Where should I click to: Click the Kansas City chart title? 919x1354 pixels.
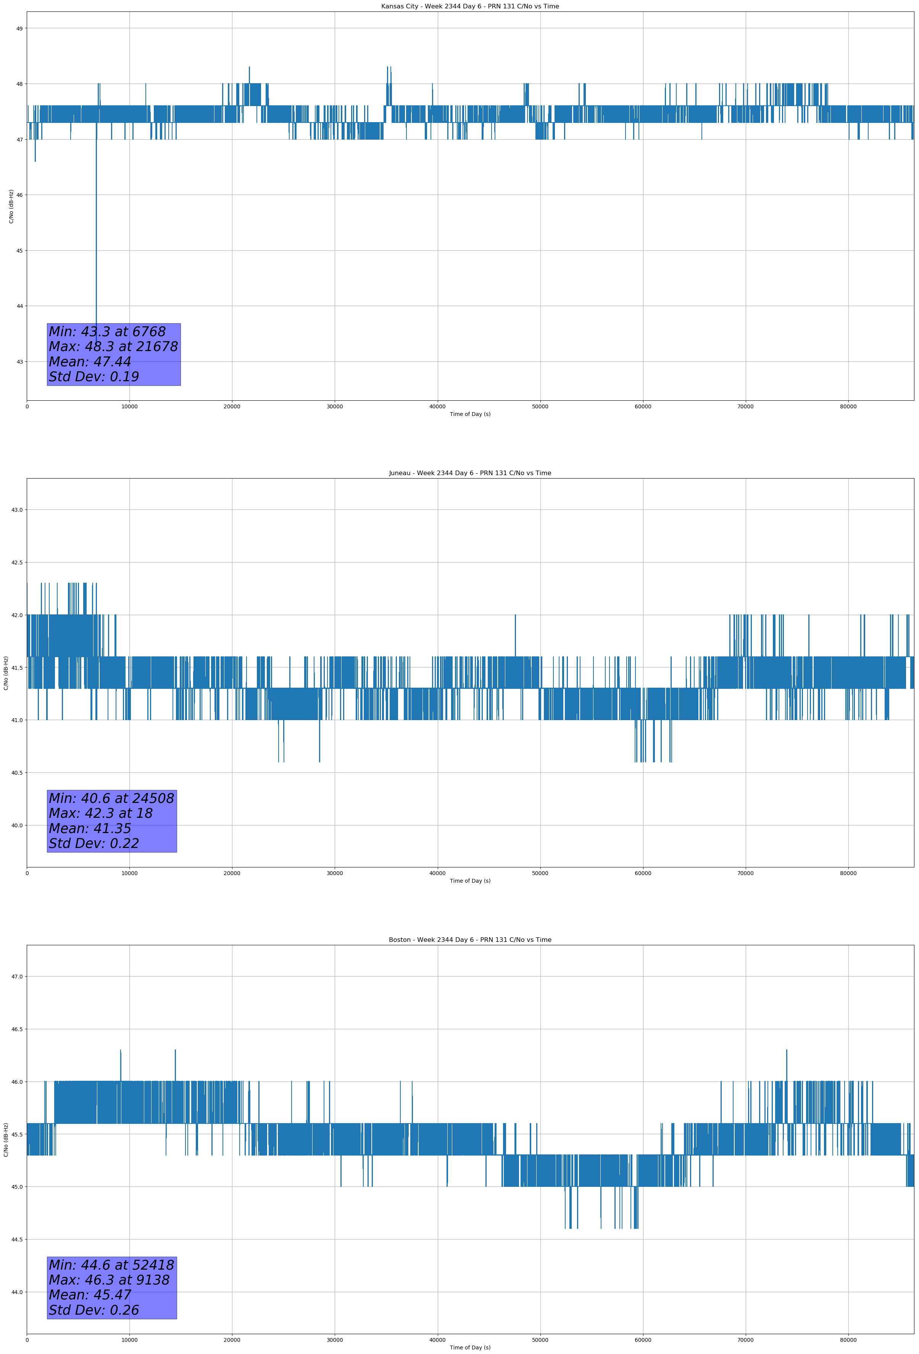pos(470,6)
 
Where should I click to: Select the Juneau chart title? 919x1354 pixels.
pos(470,473)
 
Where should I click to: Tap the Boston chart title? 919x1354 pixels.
pos(470,940)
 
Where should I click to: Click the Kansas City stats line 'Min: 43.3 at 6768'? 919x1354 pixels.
pos(107,332)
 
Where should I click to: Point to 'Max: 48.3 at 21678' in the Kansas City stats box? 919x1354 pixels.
pos(113,347)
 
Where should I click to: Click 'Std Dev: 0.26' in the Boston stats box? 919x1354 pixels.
pos(94,1310)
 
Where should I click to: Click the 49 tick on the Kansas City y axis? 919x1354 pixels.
pos(19,29)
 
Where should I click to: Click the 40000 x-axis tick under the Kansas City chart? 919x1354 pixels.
pos(437,407)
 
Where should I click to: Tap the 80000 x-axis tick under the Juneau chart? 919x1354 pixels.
pos(848,873)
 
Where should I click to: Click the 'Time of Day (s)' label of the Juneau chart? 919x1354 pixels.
pos(470,881)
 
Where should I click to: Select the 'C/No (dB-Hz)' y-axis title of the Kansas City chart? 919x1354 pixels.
pos(11,206)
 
